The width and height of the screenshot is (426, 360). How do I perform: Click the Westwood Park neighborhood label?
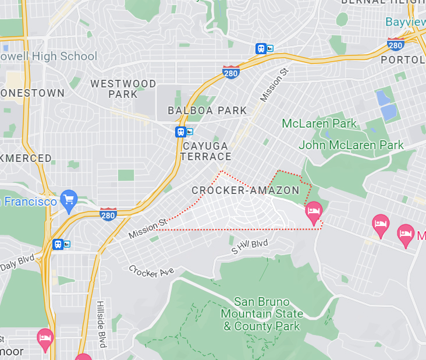123,89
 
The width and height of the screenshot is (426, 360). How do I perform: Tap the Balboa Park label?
207,110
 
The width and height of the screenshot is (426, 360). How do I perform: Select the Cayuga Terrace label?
205,151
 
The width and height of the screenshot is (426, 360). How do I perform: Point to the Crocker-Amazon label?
245,190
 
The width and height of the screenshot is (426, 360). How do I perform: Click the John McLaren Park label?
351,144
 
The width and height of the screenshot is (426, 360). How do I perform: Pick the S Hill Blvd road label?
250,247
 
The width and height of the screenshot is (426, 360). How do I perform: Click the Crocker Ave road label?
151,271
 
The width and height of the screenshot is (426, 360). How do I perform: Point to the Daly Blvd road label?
17,263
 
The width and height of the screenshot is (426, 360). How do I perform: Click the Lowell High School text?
49,57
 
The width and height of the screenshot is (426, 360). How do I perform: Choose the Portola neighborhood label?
403,59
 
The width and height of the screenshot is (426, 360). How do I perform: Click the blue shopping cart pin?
69,199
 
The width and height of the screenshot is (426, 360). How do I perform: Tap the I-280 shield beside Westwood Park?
230,72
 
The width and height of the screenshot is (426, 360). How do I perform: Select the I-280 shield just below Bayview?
395,44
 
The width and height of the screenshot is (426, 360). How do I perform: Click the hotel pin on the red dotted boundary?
314,211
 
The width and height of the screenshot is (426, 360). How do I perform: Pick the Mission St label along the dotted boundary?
147,228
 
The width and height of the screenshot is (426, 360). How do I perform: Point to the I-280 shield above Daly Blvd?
108,214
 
